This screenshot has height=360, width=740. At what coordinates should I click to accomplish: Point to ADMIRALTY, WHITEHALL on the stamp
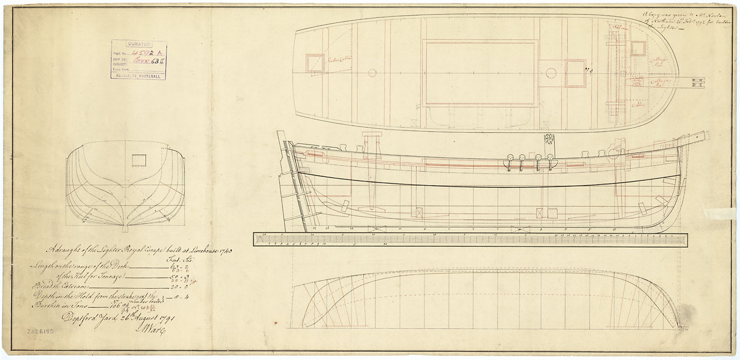pos(139,75)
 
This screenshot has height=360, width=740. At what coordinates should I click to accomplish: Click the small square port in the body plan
pos(138,160)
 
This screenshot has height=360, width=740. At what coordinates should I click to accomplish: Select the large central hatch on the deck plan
pos(481,72)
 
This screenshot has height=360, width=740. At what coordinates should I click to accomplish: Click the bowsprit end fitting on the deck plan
pos(698,83)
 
